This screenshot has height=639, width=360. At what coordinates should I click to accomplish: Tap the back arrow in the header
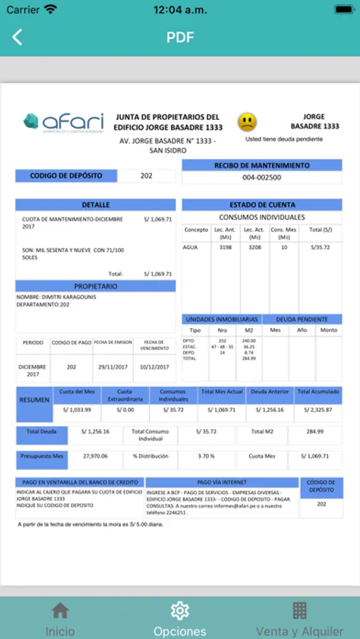pyautogui.click(x=17, y=38)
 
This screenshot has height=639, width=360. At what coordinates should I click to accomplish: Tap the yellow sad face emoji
pyautogui.click(x=247, y=122)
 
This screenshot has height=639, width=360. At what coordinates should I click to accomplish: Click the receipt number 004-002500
pyautogui.click(x=261, y=177)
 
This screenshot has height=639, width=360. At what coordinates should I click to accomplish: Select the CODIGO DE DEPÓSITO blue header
pyautogui.click(x=66, y=175)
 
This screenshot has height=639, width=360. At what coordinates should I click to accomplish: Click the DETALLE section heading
pyautogui.click(x=96, y=204)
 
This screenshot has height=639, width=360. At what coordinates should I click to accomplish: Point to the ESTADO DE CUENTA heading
pyautogui.click(x=262, y=204)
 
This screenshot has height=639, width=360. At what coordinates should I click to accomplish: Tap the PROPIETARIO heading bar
pyautogui.click(x=96, y=286)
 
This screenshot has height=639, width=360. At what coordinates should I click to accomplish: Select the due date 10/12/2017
pyautogui.click(x=155, y=367)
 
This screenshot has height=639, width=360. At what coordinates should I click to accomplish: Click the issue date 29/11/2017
pyautogui.click(x=112, y=367)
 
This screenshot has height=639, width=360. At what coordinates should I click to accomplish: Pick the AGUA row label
pyautogui.click(x=190, y=248)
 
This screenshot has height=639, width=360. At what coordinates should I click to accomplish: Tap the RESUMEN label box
pyautogui.click(x=35, y=400)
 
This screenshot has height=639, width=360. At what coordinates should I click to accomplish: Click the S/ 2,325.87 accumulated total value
pyautogui.click(x=318, y=410)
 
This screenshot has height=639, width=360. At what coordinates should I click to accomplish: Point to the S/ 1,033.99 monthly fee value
pyautogui.click(x=77, y=410)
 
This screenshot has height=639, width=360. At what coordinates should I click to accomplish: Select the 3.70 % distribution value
pyautogui.click(x=207, y=456)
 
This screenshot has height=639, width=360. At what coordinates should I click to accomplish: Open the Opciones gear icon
pyautogui.click(x=180, y=611)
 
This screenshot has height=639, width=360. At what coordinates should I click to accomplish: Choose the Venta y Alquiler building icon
pyautogui.click(x=300, y=611)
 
